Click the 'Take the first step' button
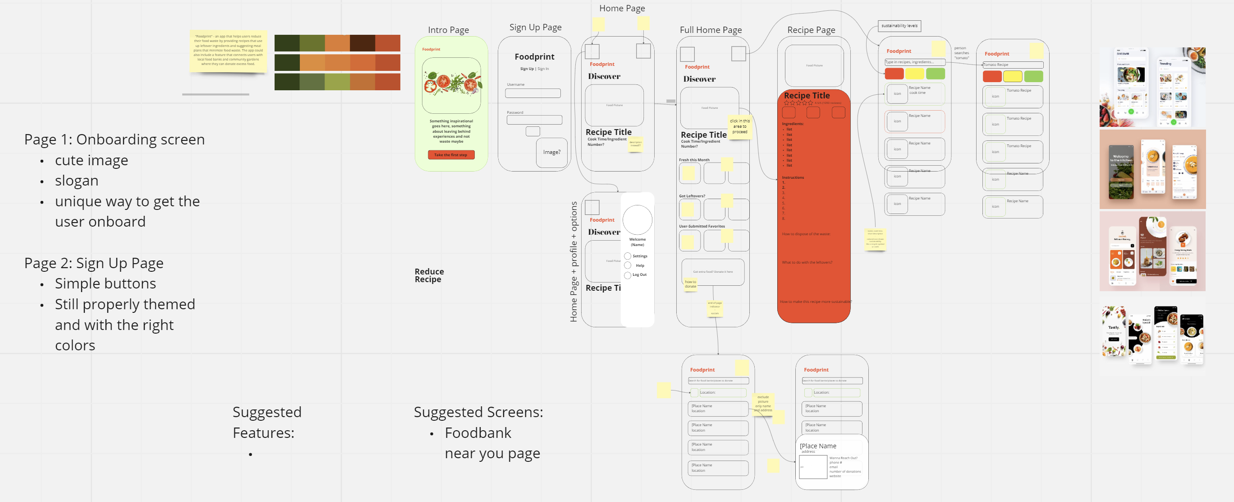click(x=451, y=155)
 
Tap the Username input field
click(x=533, y=93)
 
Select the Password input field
click(x=534, y=120)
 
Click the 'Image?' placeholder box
click(x=551, y=153)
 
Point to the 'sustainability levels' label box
click(x=899, y=26)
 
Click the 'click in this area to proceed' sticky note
click(x=739, y=127)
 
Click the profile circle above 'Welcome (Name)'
click(x=637, y=220)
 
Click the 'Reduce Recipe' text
click(x=429, y=276)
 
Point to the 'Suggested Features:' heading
click(x=267, y=423)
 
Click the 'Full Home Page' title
click(x=711, y=30)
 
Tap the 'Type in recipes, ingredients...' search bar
click(x=914, y=62)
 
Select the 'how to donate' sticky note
click(x=690, y=284)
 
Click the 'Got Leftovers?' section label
click(x=692, y=196)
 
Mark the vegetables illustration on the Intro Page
click(x=451, y=85)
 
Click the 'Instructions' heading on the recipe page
click(x=793, y=177)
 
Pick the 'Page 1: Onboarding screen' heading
click(x=115, y=139)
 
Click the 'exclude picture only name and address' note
click(x=763, y=404)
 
